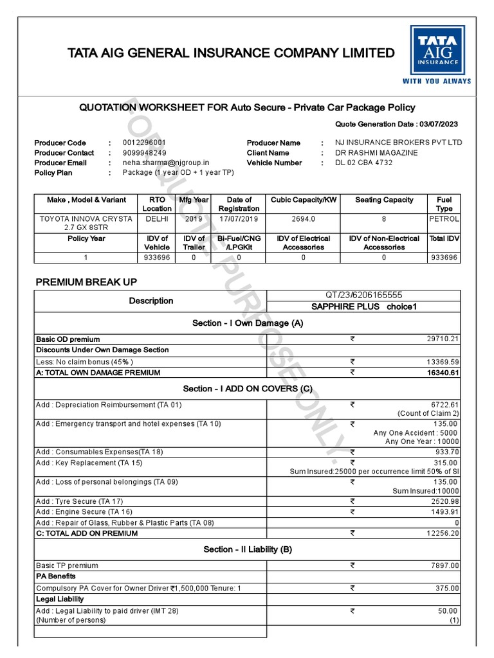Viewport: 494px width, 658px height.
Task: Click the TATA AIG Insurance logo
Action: (436, 55)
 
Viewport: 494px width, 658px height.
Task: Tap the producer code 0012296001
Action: (144, 143)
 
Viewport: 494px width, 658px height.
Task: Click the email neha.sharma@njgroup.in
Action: (163, 163)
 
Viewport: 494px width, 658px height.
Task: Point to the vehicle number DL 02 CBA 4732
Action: (363, 163)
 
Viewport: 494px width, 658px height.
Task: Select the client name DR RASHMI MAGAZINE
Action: (376, 153)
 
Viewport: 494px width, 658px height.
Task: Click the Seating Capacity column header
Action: (384, 200)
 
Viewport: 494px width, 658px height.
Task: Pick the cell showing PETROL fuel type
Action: (444, 219)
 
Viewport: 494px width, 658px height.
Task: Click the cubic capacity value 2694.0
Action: (304, 219)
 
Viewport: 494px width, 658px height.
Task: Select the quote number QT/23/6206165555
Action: (364, 295)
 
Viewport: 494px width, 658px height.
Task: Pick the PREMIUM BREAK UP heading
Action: (86, 282)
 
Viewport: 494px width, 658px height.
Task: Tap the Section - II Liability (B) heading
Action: (248, 549)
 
